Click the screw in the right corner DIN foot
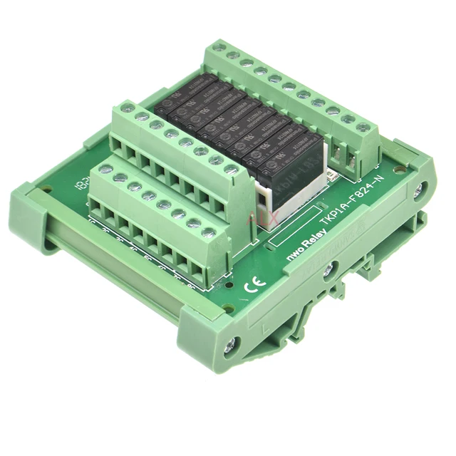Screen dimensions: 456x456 coord(420,189)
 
